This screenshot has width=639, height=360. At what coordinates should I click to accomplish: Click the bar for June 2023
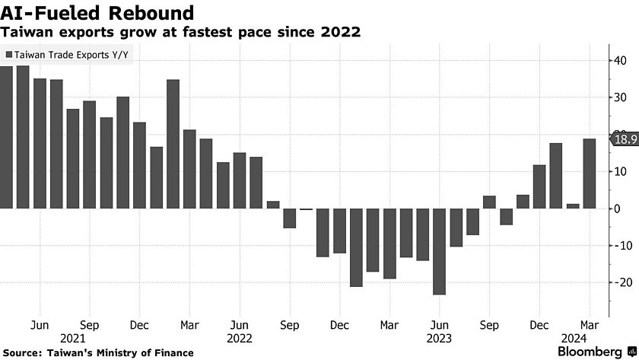pyautogui.click(x=439, y=250)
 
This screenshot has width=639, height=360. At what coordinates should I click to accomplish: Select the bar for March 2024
pyautogui.click(x=589, y=173)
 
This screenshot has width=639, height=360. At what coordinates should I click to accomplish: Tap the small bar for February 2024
pyautogui.click(x=573, y=205)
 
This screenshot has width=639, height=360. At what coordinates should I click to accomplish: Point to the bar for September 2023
pyautogui.click(x=489, y=202)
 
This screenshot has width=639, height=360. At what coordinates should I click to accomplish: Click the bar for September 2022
pyautogui.click(x=290, y=218)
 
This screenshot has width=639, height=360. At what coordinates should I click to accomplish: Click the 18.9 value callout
pyautogui.click(x=623, y=139)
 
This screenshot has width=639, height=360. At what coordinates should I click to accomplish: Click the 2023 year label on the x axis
pyautogui.click(x=439, y=337)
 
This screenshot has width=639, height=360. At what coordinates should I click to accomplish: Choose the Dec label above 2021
pyautogui.click(x=139, y=323)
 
